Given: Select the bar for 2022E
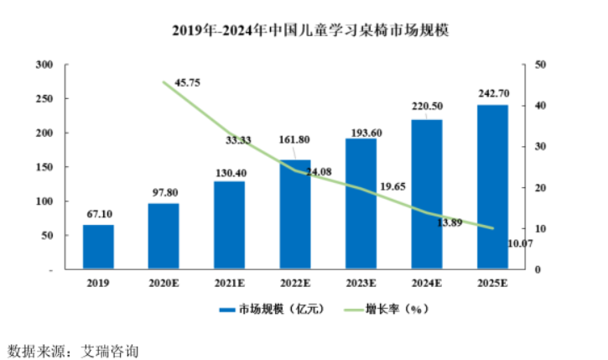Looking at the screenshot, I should (x=295, y=214).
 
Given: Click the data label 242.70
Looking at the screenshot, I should (x=491, y=93).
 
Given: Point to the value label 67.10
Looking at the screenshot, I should (x=98, y=214).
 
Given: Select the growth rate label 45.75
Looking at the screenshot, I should (x=188, y=82).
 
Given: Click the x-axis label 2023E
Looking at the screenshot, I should (x=361, y=284).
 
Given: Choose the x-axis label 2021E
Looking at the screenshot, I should (x=230, y=284).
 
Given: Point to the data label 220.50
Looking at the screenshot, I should (x=426, y=107).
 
